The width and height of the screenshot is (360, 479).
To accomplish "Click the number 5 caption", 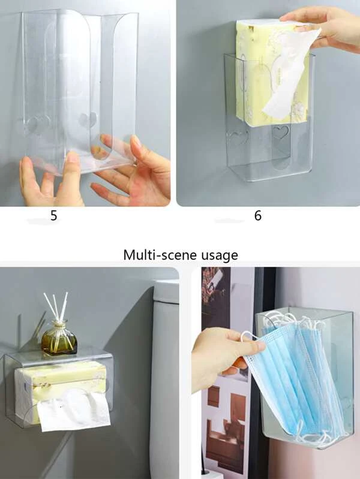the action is click(x=54, y=216).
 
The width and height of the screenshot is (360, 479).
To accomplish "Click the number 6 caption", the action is click(x=258, y=216).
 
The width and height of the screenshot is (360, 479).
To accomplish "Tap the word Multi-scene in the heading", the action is click(x=158, y=254).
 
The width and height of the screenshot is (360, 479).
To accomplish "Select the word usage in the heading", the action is click(x=217, y=255).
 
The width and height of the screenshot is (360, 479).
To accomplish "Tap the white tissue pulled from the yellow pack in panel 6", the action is click(x=290, y=73).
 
